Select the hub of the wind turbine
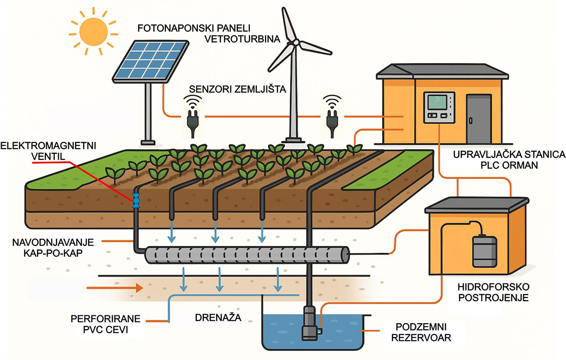pyautogui.click(x=296, y=42)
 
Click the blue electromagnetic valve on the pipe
pyautogui.click(x=136, y=200)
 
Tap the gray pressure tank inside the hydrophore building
pyautogui.click(x=485, y=251)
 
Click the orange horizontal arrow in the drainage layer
pyautogui.click(x=115, y=288)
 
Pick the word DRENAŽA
pyautogui.click(x=218, y=318)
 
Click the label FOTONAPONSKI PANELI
pyautogui.click(x=194, y=29)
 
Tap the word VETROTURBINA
pyautogui.click(x=242, y=39)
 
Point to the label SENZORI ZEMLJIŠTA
pyautogui.click(x=237, y=89)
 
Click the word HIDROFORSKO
pyautogui.click(x=493, y=287)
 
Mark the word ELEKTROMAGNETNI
pyautogui.click(x=48, y=146)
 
